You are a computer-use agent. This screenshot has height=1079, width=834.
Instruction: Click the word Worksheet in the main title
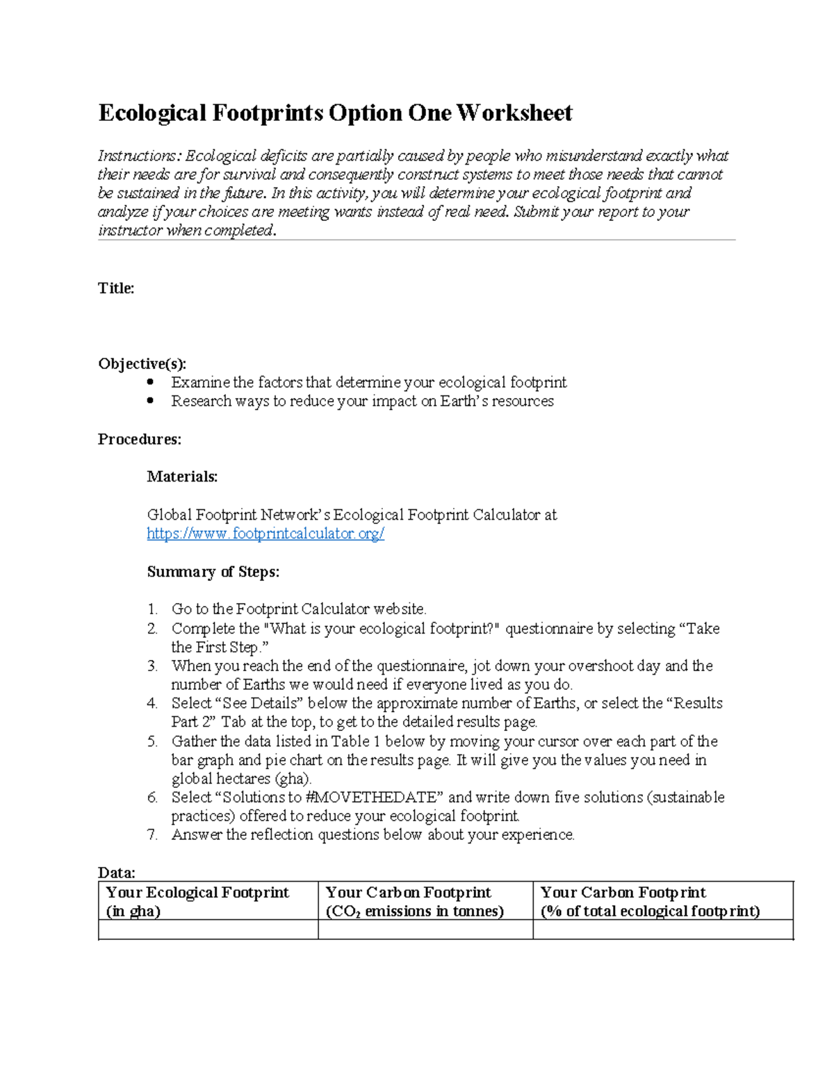[514, 113]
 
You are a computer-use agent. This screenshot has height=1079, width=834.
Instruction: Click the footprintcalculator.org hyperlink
[265, 534]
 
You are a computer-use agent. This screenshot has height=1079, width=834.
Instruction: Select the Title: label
[116, 288]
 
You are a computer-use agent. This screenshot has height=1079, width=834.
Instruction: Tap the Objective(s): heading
[142, 363]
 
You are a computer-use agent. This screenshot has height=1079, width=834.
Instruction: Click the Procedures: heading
[139, 439]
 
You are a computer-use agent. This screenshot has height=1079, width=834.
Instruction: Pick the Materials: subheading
[182, 477]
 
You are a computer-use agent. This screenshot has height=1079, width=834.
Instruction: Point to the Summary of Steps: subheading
[213, 571]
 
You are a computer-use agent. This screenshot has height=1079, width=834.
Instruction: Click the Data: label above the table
[116, 873]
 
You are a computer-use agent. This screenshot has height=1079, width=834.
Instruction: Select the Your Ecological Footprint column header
[197, 901]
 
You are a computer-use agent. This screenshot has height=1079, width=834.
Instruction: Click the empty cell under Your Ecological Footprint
[208, 930]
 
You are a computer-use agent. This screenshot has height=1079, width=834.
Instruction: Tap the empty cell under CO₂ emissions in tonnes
[425, 930]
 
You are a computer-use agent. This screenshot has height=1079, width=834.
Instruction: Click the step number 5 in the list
[152, 741]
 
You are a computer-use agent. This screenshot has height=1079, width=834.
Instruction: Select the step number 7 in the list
[152, 834]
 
